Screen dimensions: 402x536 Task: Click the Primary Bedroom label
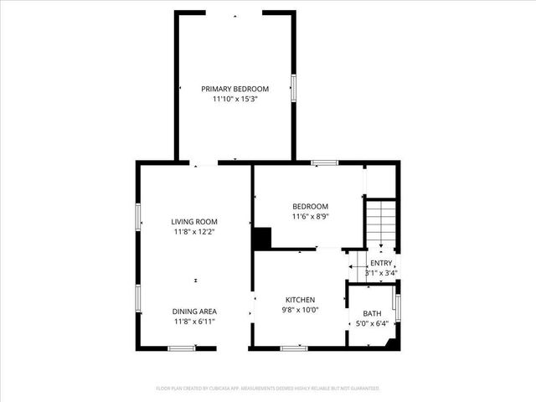click(x=234, y=89)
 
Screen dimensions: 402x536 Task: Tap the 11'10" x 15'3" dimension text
click(x=234, y=99)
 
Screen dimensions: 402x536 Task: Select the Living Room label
click(x=194, y=222)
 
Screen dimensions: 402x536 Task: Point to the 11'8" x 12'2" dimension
click(x=194, y=232)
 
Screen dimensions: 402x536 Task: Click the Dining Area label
click(x=194, y=311)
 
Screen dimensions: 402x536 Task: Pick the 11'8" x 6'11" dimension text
click(x=194, y=321)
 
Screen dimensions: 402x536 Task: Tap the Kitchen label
click(x=300, y=300)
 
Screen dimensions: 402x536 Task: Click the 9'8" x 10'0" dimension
click(x=300, y=310)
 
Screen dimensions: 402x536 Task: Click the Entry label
click(x=381, y=263)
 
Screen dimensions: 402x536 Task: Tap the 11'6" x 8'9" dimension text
click(x=310, y=216)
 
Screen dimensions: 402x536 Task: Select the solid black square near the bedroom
click(x=263, y=239)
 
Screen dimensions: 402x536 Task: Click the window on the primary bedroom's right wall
click(x=293, y=88)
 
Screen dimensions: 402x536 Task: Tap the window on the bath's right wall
click(x=397, y=307)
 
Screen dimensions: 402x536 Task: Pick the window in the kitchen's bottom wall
click(x=293, y=348)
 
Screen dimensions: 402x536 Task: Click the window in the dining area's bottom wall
click(x=181, y=348)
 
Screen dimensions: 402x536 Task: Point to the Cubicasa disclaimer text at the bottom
click(x=268, y=389)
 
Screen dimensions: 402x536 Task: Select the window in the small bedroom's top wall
click(x=325, y=162)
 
